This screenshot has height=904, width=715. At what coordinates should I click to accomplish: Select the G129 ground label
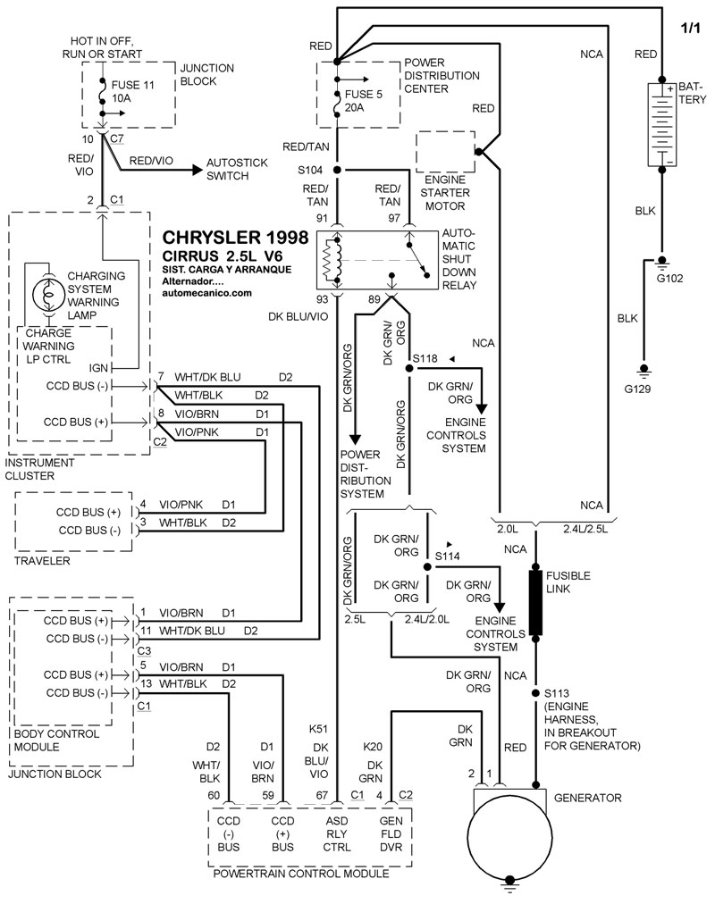point(641,390)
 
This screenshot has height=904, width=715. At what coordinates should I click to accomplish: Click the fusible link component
point(536,603)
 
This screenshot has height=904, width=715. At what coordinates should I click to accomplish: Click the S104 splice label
point(313,169)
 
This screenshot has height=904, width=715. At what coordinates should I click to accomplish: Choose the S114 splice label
point(447,557)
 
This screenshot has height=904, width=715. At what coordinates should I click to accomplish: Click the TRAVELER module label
point(40,561)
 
